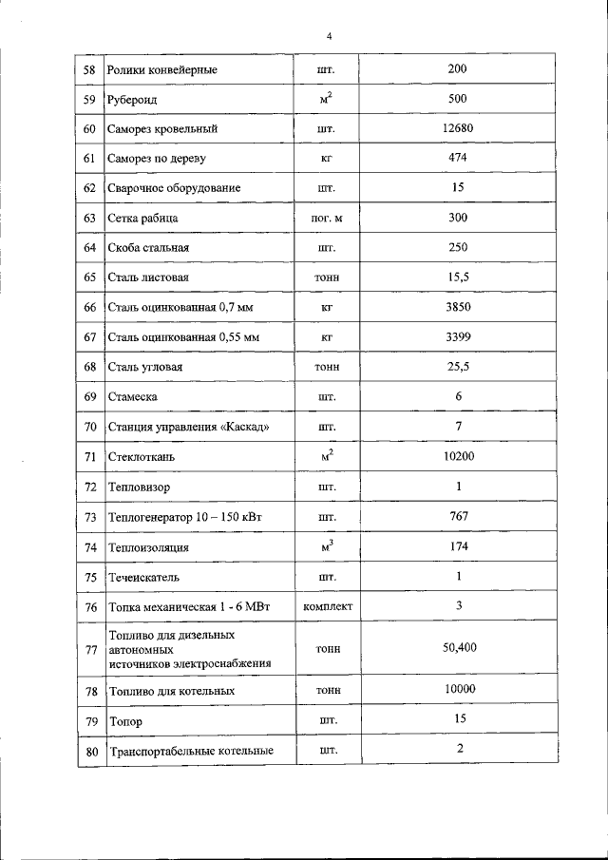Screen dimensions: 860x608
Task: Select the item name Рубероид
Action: coord(134,99)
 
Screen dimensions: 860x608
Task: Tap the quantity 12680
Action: coord(457,128)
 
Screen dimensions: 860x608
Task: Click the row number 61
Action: coord(90,158)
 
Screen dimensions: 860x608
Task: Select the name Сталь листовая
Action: coord(148,277)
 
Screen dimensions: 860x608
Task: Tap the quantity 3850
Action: coord(457,307)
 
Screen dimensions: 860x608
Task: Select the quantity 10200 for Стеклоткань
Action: coord(457,456)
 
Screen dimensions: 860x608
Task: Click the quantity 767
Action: coord(457,516)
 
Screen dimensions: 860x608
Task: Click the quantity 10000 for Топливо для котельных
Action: coord(457,690)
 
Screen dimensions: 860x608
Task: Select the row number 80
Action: coord(90,752)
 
